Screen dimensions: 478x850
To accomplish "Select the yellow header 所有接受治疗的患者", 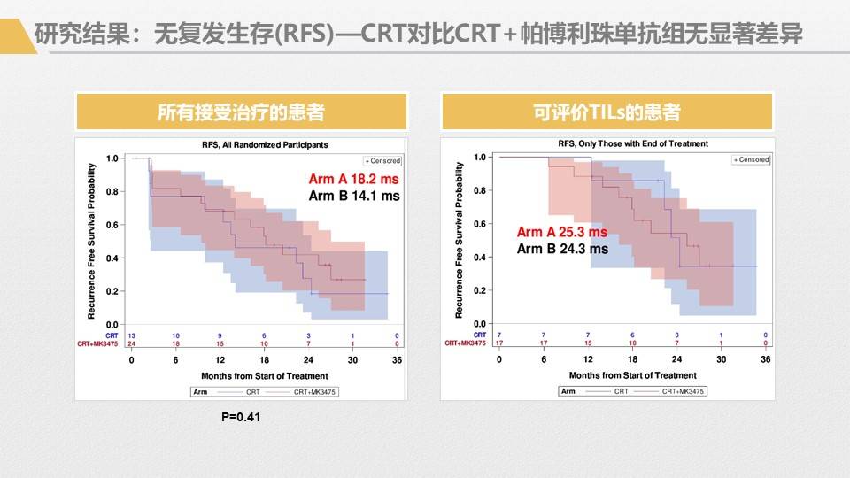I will [241, 112].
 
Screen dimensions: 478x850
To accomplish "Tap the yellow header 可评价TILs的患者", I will [607, 112].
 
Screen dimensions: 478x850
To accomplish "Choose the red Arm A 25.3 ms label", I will [562, 232].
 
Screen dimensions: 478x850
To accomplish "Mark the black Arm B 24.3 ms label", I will [562, 249].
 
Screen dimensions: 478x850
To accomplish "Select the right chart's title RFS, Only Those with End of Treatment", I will [632, 143].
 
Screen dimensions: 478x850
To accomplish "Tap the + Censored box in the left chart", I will [382, 161].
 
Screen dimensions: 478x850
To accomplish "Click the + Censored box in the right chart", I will [751, 159].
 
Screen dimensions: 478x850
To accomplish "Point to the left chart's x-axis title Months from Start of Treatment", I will [264, 376].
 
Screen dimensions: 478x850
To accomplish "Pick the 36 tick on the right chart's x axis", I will [766, 359].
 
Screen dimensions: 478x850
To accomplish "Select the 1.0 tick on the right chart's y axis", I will [481, 157].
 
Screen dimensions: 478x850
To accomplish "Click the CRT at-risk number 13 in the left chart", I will [132, 335].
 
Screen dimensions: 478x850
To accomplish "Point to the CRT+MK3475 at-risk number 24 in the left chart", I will [132, 343].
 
